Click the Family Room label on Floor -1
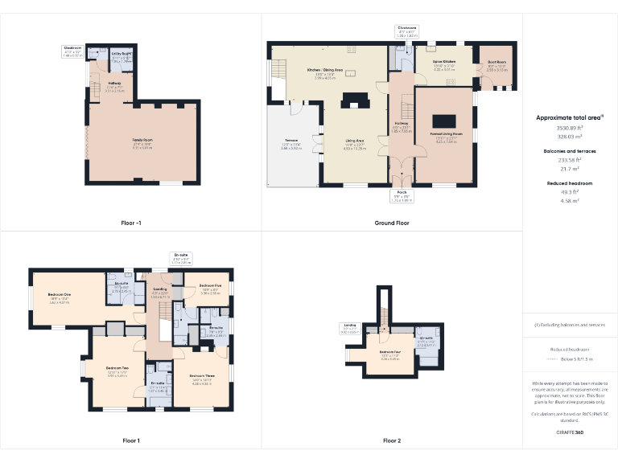coord(142,140)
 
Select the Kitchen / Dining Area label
coord(325,71)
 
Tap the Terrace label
coord(290,143)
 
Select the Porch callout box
coord(402,195)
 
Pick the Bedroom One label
coord(60,295)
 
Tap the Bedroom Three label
coord(201,376)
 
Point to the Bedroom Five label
coord(209,285)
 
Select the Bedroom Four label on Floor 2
coord(390,352)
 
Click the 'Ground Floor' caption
coord(391,223)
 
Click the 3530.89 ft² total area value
coord(570,128)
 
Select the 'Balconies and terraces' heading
coord(570,151)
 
